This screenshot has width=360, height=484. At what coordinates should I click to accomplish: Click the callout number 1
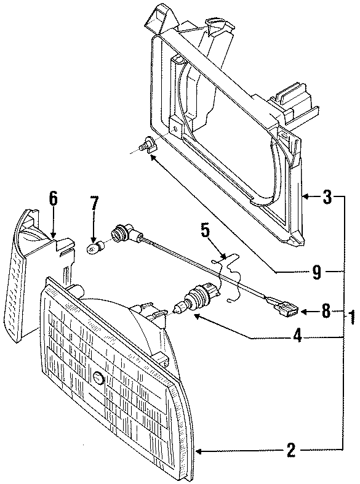coord(352,318)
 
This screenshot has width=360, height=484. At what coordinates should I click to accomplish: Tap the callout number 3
coord(327,198)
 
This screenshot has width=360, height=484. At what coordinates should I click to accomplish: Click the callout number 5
coord(205,232)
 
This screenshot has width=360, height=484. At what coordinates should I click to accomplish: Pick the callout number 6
coord(53,198)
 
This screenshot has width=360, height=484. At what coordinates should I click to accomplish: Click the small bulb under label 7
coord(94,248)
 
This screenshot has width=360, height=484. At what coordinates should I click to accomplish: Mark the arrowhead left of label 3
coord(306,198)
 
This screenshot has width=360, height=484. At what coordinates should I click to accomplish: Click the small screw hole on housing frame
coord(176,129)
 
